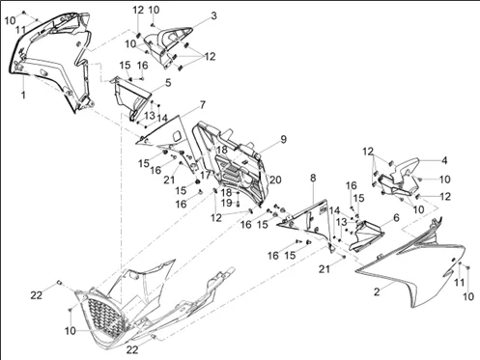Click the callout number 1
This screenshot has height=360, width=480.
tap(24, 96)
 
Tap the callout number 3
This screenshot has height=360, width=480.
tap(213, 15)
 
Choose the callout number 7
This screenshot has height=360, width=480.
tap(202, 103)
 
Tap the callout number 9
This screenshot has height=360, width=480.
tap(283, 140)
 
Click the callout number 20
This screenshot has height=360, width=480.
tap(274, 180)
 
